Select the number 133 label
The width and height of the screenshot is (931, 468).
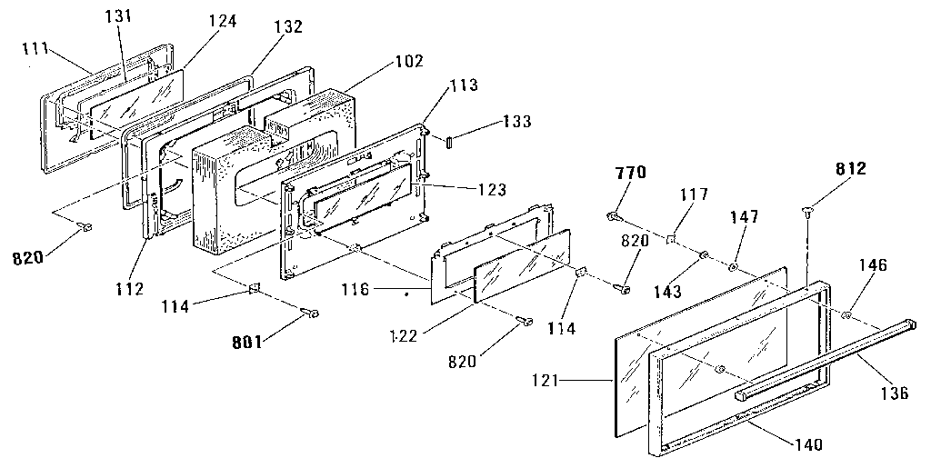[x=515, y=122]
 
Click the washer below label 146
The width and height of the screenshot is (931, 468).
[x=846, y=315]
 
